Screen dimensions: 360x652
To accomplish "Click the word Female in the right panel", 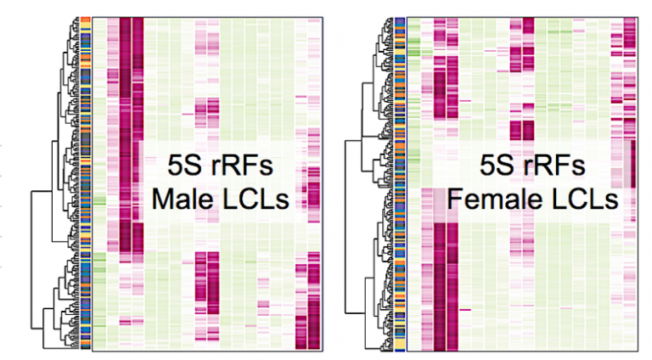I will coord(489,202).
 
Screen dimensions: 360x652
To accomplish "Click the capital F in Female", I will coord(456,202).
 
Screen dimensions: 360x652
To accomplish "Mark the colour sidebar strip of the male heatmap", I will coord(85,183).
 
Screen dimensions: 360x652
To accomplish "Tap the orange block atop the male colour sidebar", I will coord(85,20).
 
